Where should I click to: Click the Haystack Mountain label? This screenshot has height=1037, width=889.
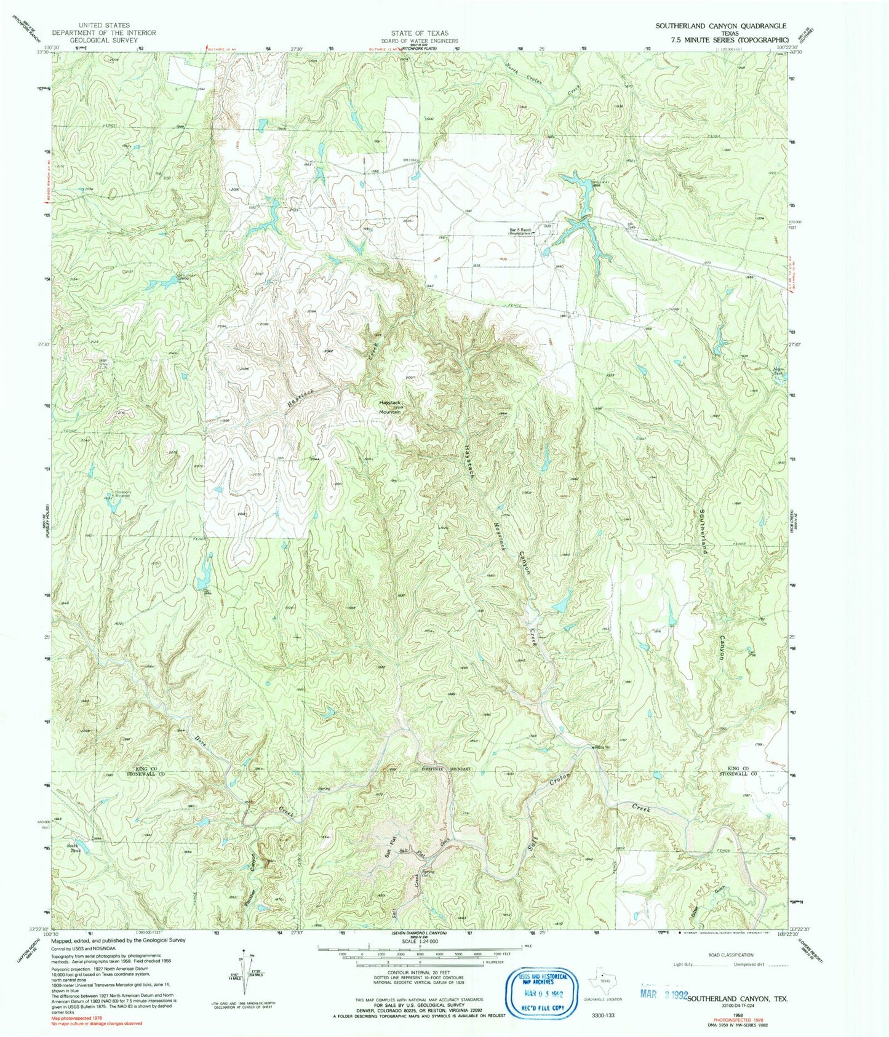(389, 407)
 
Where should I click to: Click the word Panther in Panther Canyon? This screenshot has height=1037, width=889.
(247, 901)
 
